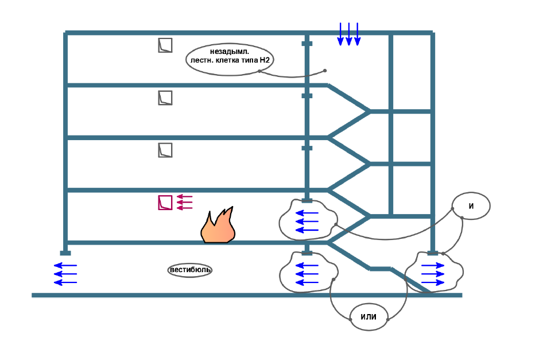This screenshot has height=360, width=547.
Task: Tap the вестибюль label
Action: click(x=191, y=270)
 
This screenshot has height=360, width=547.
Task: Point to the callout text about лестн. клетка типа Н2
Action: click(x=230, y=59)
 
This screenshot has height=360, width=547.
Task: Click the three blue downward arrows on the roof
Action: click(x=348, y=34)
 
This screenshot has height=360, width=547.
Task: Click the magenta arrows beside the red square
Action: click(x=184, y=202)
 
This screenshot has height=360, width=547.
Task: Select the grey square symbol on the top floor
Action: click(x=165, y=45)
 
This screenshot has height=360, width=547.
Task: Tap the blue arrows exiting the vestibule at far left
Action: click(x=65, y=274)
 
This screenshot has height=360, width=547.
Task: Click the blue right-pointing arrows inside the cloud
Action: click(x=433, y=274)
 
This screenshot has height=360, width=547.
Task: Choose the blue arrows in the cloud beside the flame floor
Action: click(x=307, y=222)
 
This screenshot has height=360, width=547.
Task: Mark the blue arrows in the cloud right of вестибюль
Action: click(x=307, y=274)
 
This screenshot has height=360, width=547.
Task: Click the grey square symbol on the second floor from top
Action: click(x=165, y=98)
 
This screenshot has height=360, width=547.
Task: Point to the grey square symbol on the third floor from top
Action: click(x=165, y=150)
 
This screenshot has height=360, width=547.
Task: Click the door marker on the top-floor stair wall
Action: click(x=307, y=44)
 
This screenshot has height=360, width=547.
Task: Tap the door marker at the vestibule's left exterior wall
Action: click(x=65, y=253)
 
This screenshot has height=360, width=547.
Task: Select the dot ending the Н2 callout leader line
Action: click(x=325, y=71)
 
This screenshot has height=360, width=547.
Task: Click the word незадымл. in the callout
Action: click(x=230, y=52)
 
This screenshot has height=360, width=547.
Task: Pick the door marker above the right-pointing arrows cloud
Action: click(x=433, y=253)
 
